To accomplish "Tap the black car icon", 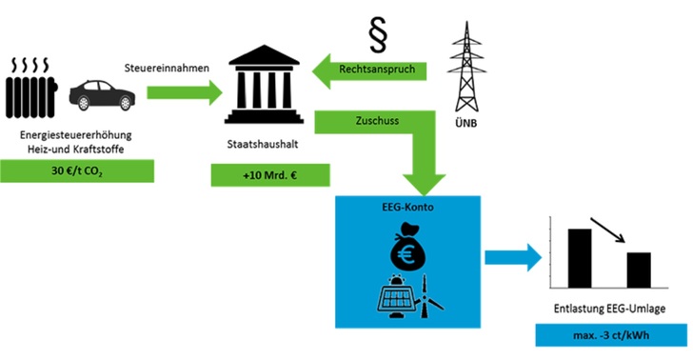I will tap(100, 94).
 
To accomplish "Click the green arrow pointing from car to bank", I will tap(181, 91).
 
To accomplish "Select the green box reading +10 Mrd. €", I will tap(270, 174).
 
